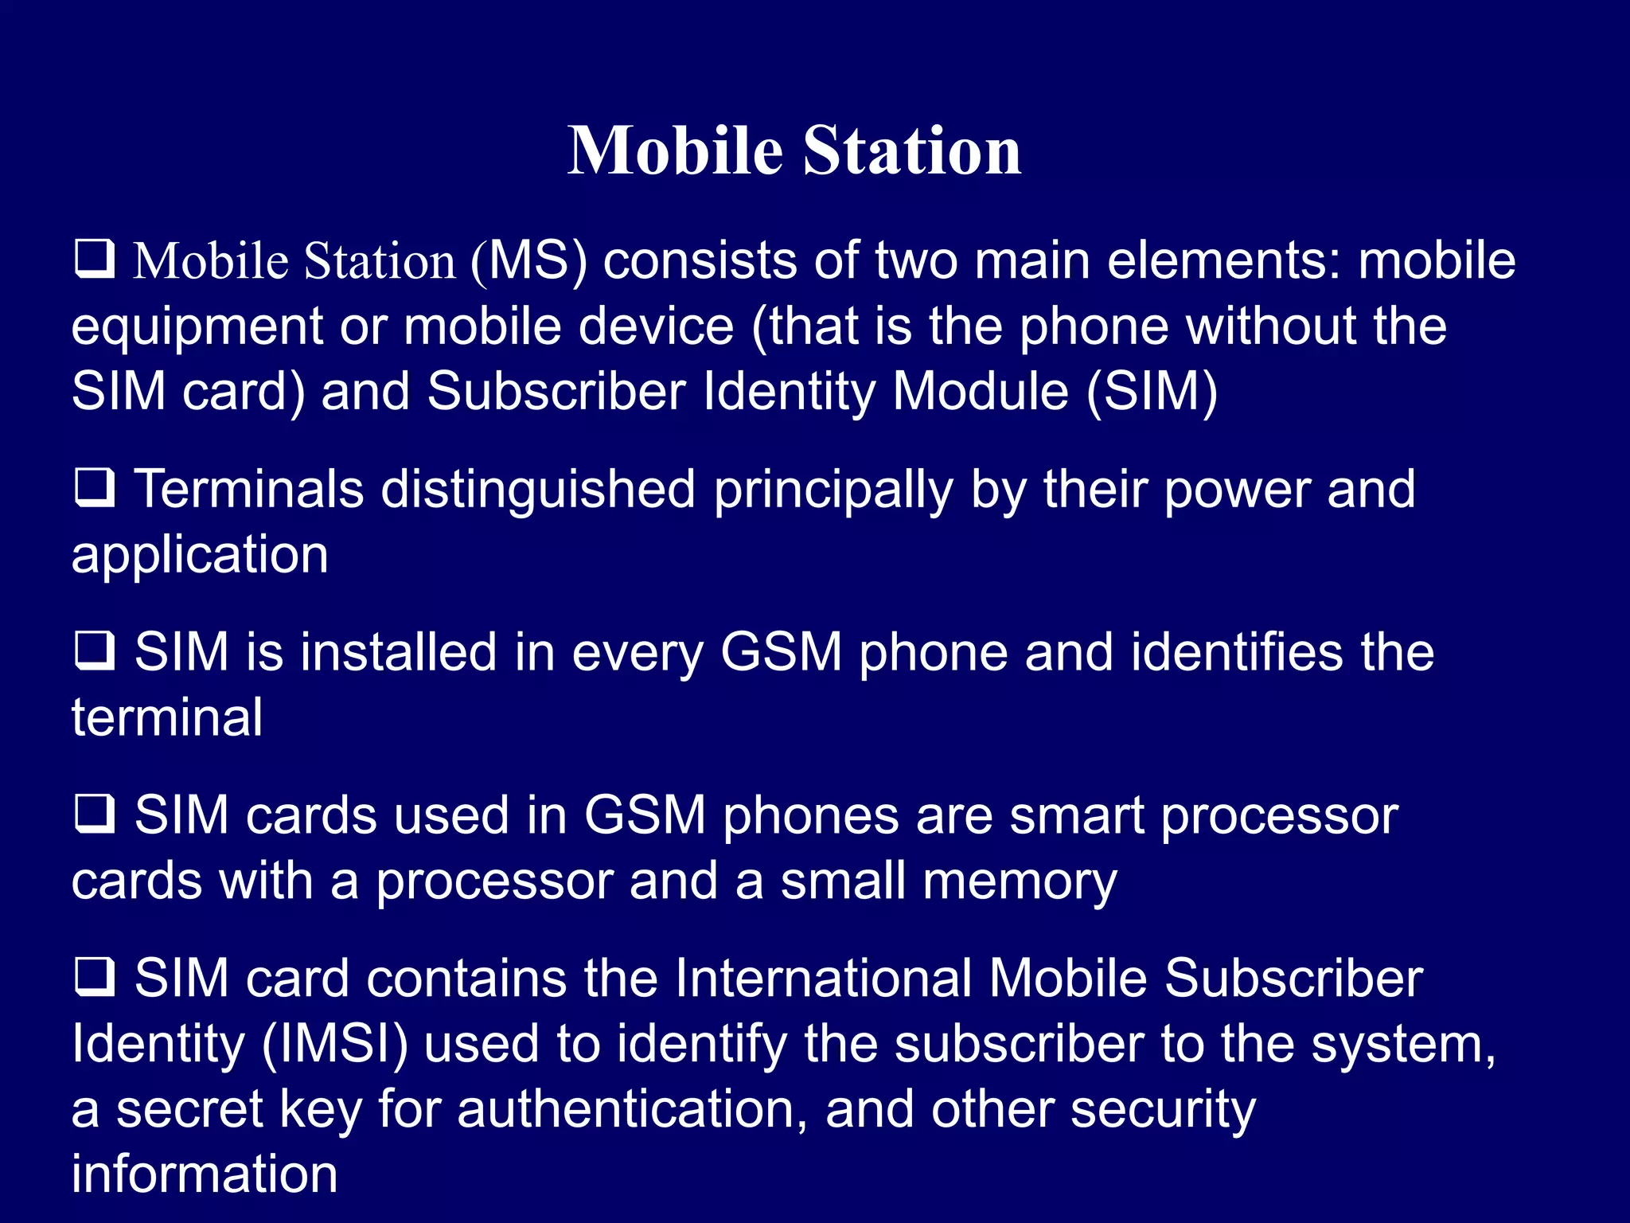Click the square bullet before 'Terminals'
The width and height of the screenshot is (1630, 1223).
coord(95,488)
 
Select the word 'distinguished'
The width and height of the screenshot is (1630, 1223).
coord(538,490)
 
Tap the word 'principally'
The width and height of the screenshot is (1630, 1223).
coord(833,490)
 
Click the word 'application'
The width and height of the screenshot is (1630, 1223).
coord(200,555)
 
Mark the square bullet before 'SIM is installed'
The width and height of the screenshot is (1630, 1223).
coord(95,651)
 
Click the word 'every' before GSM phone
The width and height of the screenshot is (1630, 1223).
coord(638,654)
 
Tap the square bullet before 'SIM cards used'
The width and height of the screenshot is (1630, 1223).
coord(95,815)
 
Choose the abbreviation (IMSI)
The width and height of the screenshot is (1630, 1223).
coord(334,1044)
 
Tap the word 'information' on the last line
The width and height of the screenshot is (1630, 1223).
coord(205,1174)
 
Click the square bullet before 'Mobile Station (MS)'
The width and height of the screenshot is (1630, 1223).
coord(95,260)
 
